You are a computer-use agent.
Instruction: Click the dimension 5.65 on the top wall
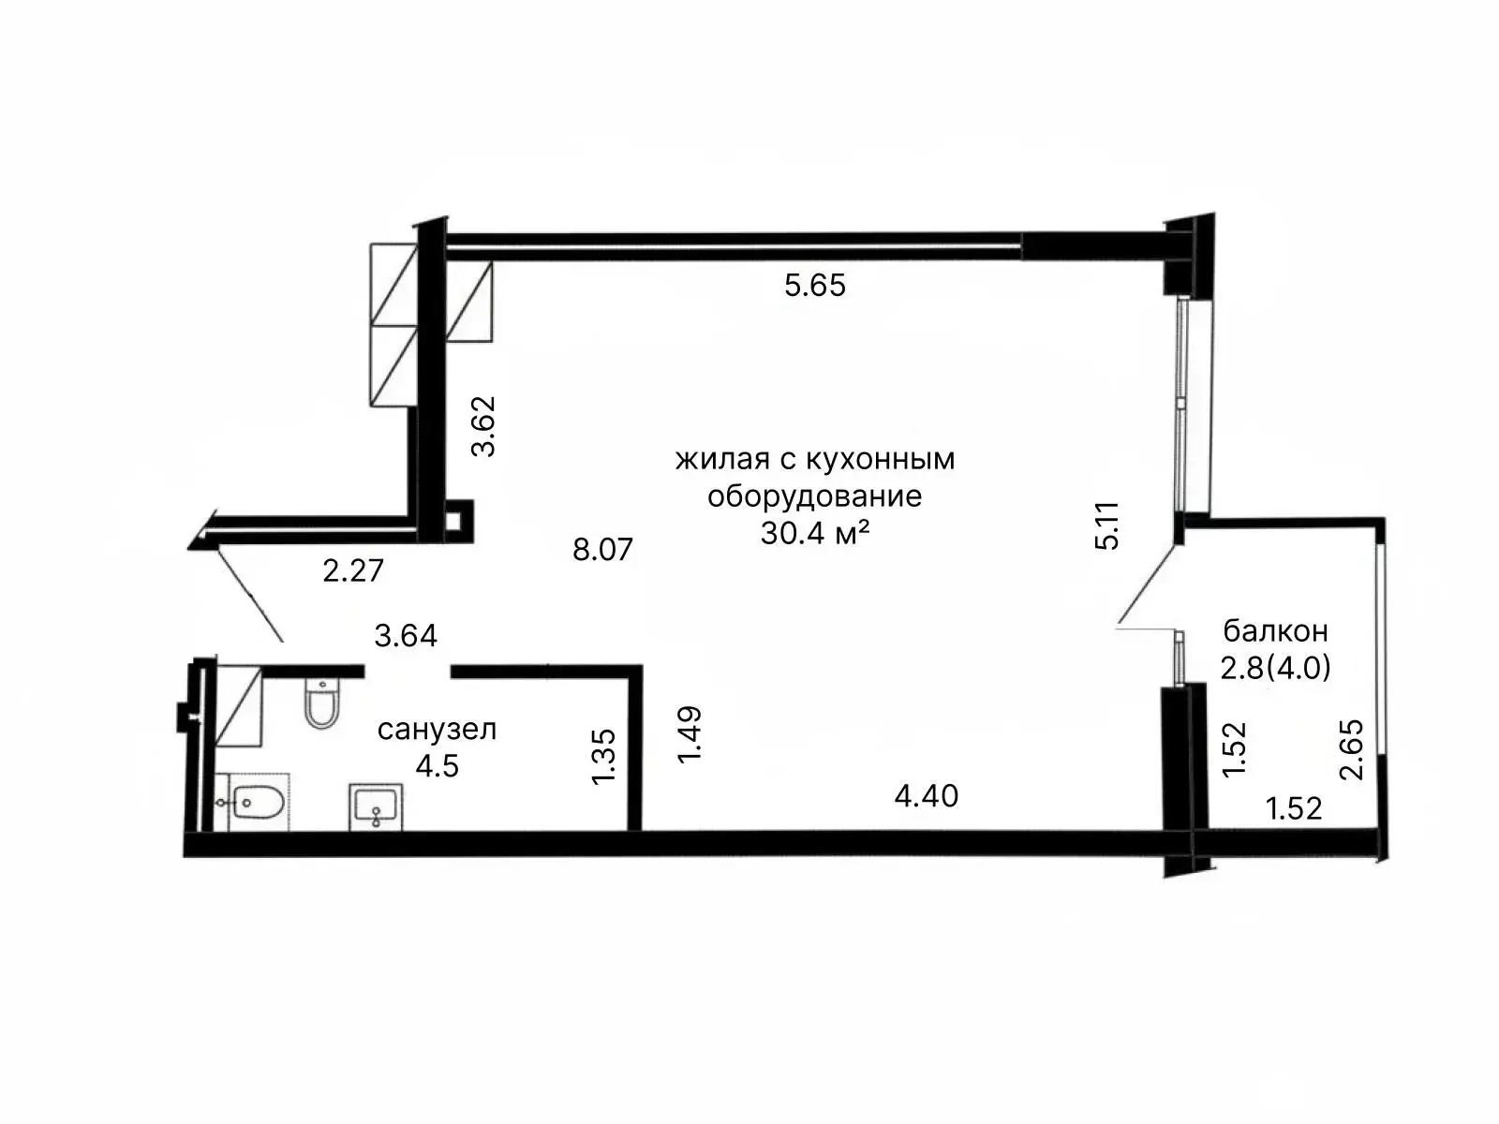coord(815,286)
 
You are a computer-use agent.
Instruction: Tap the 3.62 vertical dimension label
coord(483,426)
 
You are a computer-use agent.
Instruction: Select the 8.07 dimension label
coord(603,550)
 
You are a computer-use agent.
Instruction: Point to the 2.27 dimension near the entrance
coord(353,570)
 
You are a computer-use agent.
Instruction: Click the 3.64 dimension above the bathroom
coord(406,635)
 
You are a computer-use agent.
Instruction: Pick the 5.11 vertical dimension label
coord(1107,525)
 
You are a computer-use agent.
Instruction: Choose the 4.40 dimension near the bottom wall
coord(927,796)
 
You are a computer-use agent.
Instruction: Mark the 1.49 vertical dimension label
coord(689,734)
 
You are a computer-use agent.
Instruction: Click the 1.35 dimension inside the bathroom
coord(603,757)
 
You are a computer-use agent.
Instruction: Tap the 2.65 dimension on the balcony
coord(1352,749)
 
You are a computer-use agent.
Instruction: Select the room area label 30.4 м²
coord(815,533)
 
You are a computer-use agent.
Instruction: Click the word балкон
coord(1276,631)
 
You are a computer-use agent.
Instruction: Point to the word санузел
coord(438,730)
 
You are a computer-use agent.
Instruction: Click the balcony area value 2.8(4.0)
coord(1276,668)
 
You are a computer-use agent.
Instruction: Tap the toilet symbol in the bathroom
coord(321,702)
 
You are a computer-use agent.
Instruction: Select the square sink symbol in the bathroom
coord(376,806)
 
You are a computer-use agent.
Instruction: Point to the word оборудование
coord(815,496)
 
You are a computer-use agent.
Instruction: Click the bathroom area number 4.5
coord(438,765)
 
